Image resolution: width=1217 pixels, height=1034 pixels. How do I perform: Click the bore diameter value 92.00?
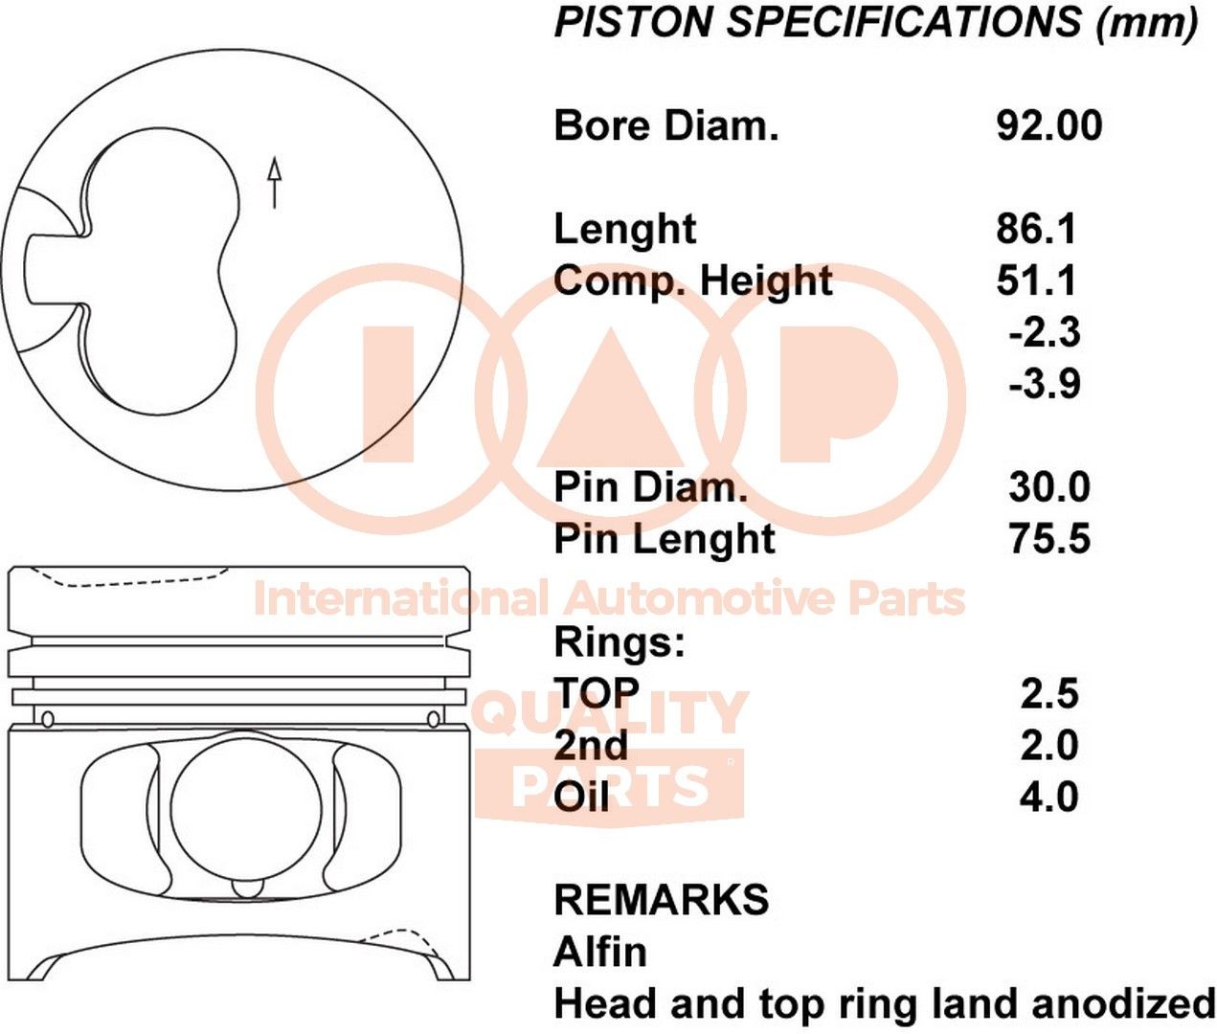(x=1048, y=125)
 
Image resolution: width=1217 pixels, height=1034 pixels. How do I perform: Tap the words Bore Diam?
(x=666, y=125)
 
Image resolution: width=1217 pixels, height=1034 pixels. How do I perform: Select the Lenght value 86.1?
(x=1036, y=229)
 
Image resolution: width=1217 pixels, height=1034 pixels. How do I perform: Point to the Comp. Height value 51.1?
(x=1036, y=281)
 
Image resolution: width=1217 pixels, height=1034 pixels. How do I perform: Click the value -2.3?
(x=1044, y=332)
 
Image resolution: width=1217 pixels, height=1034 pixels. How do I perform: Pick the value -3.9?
(x=1044, y=384)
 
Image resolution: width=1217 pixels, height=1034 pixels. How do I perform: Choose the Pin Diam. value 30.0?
(x=1048, y=487)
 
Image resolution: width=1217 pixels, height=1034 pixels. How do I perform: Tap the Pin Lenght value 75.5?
(x=1048, y=539)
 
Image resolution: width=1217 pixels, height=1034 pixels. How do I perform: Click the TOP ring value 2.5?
(x=1048, y=694)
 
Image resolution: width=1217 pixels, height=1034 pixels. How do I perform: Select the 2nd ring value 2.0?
(x=1048, y=746)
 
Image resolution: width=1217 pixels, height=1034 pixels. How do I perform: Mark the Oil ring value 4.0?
(x=1048, y=798)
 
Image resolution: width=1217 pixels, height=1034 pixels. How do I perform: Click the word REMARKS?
(x=662, y=900)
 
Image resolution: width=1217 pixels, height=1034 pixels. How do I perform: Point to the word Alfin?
(x=600, y=953)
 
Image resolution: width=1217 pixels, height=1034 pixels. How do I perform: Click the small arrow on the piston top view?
(x=275, y=182)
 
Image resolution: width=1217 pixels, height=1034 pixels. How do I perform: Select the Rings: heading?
(x=620, y=642)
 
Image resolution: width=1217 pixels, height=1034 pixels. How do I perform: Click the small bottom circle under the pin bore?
(x=246, y=888)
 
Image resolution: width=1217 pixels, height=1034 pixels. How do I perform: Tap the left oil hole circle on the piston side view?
(x=47, y=718)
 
